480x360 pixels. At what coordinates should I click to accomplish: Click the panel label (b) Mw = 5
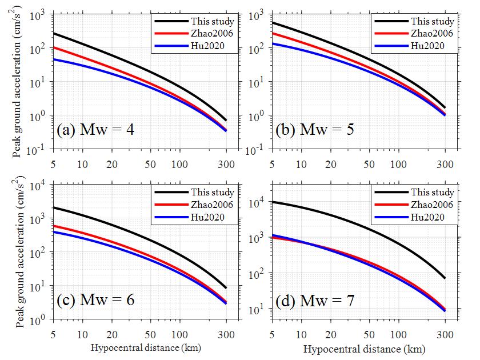tap(315, 129)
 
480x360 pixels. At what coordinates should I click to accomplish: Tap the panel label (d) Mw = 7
tap(315, 299)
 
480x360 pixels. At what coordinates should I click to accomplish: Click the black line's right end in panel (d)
tap(445, 278)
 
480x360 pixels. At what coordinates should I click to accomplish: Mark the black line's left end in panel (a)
tap(53, 33)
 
